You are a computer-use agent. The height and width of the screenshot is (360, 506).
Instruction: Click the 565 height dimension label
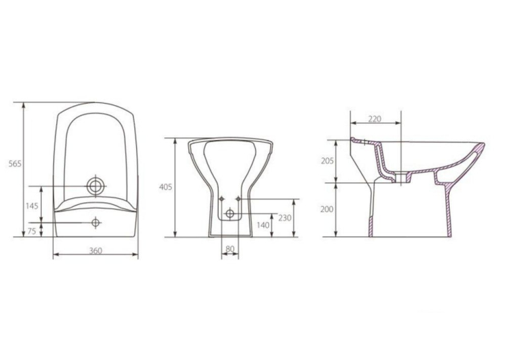15,164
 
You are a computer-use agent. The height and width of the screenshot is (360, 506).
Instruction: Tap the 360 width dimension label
96,250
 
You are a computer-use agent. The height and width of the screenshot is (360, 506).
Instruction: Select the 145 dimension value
32,206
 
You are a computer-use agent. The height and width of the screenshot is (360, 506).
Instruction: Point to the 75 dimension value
32,231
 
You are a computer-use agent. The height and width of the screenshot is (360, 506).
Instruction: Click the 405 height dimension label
166,187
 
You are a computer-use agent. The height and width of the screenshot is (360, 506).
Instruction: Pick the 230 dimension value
285,218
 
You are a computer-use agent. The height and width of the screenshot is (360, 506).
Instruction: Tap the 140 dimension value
263,225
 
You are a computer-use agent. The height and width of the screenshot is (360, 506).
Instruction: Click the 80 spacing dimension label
230,248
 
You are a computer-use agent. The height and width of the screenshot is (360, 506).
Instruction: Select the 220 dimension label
375,119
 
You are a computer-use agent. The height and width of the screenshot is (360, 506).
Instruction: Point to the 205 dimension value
327,161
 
